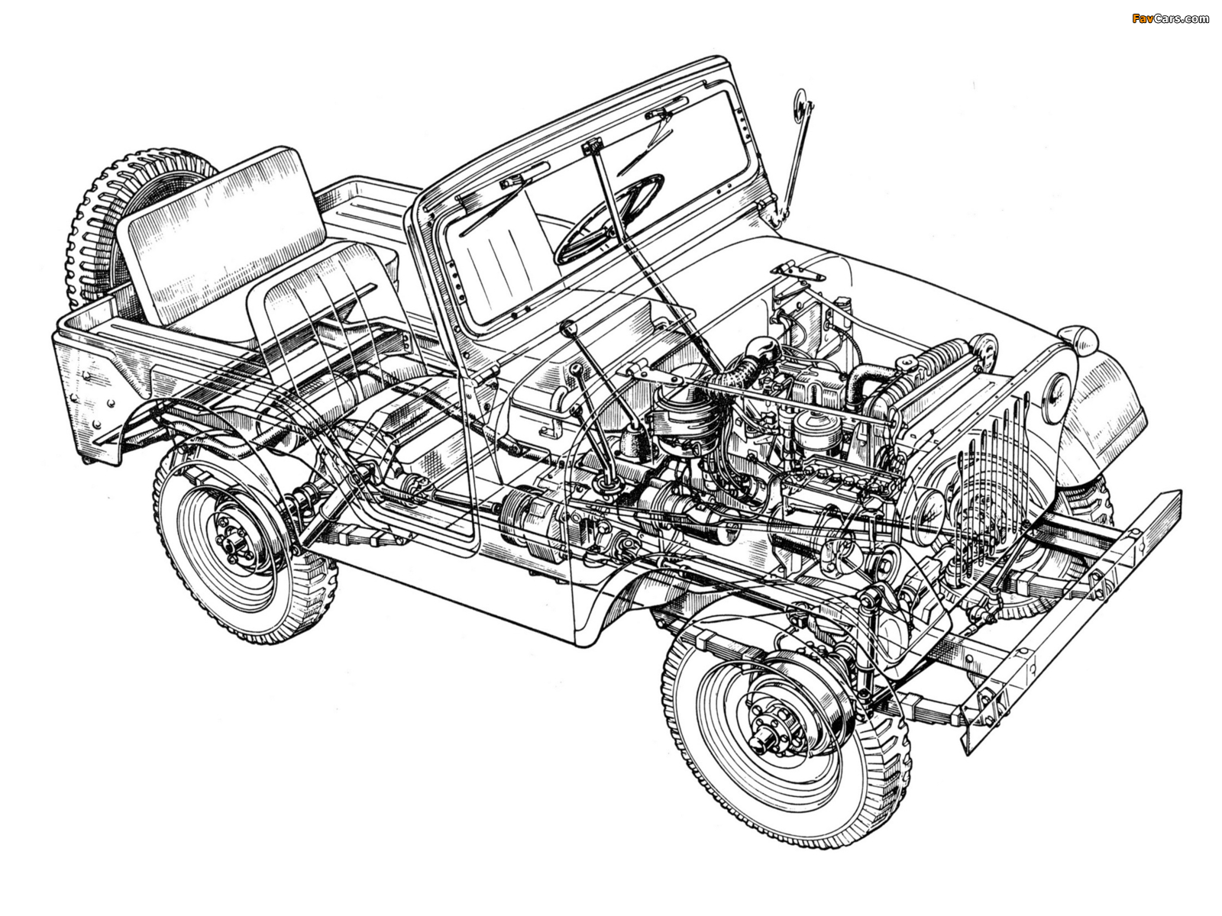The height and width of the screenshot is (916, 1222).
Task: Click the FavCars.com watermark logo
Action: click(x=1170, y=18)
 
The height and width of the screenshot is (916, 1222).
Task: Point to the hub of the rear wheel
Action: click(x=233, y=538)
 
